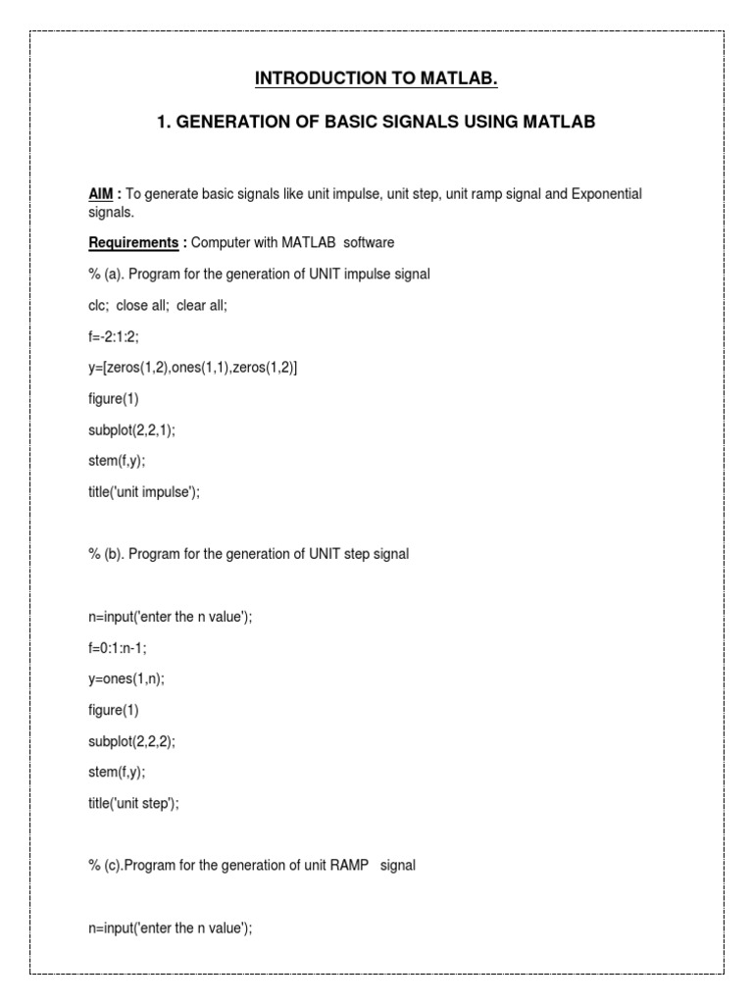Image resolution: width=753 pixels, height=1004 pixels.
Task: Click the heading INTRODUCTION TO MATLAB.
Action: [x=376, y=78]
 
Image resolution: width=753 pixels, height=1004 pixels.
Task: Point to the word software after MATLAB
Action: [x=369, y=242]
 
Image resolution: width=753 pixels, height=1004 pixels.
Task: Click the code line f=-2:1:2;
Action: [x=113, y=336]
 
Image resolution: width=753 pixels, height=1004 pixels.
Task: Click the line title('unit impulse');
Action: [x=144, y=493]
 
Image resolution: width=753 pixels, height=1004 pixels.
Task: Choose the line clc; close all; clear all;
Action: [x=158, y=305]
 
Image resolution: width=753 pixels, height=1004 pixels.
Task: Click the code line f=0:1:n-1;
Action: [x=120, y=648]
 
